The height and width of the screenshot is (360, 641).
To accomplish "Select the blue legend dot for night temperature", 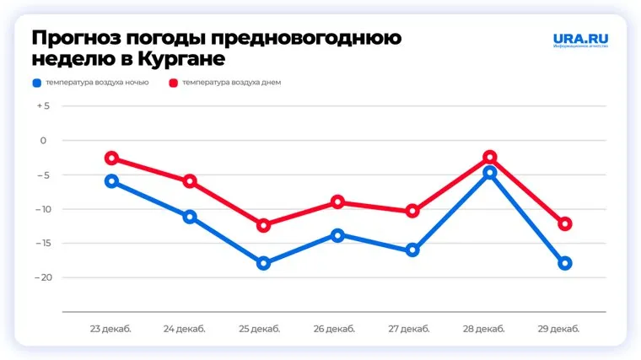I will point(36,83).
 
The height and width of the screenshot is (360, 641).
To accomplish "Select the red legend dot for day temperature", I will point(175,83).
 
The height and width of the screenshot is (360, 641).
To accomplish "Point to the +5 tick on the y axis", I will point(43,106).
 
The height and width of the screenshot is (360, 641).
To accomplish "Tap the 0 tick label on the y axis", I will point(46,141).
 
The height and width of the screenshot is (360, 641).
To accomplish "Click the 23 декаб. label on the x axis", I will point(110,328).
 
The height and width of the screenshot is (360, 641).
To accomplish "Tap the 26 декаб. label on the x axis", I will point(337,328).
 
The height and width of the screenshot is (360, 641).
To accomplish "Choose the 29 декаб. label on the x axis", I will point(564,328).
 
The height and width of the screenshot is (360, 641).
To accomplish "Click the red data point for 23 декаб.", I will point(111,159).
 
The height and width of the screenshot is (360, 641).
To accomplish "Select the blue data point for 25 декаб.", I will point(263,263).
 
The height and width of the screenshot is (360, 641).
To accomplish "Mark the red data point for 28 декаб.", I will point(490,158).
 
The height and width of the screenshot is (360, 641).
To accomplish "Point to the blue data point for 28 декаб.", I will point(490,173).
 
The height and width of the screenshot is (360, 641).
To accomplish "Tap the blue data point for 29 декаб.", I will point(565,263).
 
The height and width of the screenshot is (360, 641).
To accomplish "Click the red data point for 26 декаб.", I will point(338,202).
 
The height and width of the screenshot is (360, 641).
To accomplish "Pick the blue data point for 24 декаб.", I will point(190,217).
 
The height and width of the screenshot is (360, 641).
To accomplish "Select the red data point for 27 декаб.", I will point(412,211).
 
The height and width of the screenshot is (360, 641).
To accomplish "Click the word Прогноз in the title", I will point(72,39).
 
